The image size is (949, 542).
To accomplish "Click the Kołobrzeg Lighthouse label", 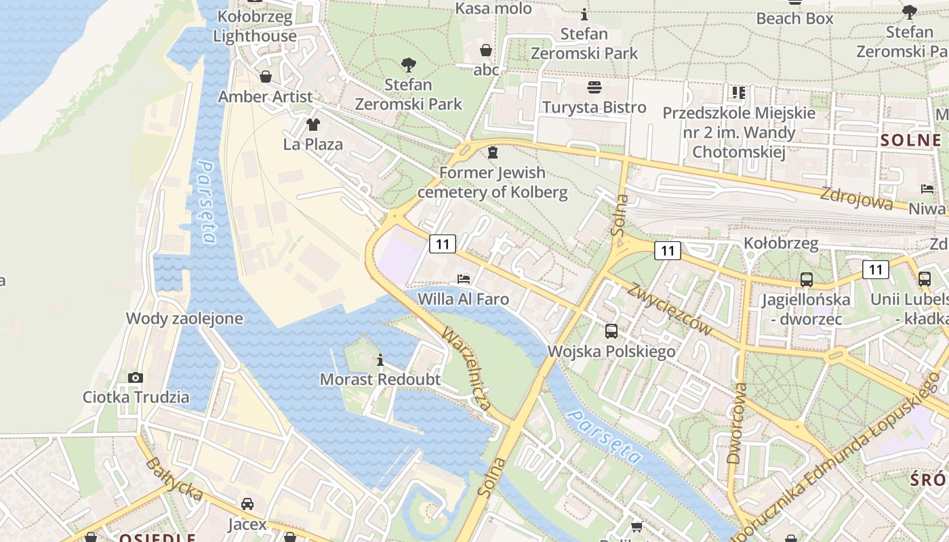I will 255,26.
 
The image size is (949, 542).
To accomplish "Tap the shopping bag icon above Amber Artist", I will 266,77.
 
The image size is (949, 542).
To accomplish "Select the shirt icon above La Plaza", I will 312,125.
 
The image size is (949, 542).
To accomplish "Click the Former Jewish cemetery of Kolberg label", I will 492,182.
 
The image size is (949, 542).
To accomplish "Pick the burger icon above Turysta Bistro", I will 594,87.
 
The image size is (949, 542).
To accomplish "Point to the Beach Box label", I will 794,18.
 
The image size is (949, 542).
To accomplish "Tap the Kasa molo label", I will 493,9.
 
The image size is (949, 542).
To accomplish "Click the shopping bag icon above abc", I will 485,50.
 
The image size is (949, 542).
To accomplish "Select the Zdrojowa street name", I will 856,198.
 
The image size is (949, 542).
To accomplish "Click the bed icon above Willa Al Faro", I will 464,278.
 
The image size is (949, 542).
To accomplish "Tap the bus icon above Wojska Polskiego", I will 611,331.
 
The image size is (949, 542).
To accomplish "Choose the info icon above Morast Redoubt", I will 380,360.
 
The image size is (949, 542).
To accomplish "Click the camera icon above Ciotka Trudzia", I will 136,377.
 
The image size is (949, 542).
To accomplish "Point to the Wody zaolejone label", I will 184,318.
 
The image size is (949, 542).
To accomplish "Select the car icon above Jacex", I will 247,504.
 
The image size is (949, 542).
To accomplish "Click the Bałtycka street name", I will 174,480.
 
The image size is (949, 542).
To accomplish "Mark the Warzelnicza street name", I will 466,370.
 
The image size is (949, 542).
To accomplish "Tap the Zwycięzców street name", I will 669,308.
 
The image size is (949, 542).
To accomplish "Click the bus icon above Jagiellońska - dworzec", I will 806,279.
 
